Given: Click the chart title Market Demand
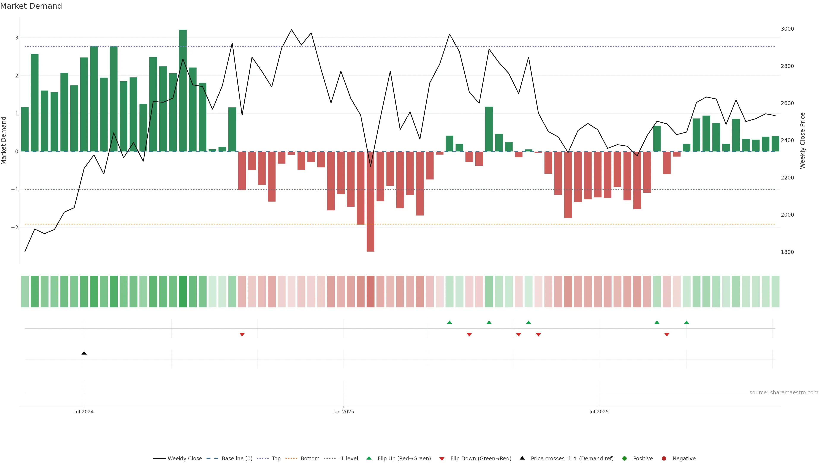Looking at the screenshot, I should (x=31, y=6).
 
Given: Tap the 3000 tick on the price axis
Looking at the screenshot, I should (x=787, y=29).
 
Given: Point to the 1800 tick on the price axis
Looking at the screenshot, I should (x=787, y=252).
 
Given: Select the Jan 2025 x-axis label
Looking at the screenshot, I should (x=343, y=412).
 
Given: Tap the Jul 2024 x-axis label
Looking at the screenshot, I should (x=84, y=412).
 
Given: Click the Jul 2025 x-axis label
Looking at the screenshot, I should (x=599, y=412).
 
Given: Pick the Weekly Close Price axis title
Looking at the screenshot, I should (x=803, y=140).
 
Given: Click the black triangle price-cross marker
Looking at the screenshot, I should (x=84, y=353).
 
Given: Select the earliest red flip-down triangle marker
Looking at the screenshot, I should (x=242, y=335).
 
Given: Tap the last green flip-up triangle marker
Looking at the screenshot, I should (x=687, y=322).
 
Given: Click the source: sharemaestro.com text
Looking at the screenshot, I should (x=784, y=393).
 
